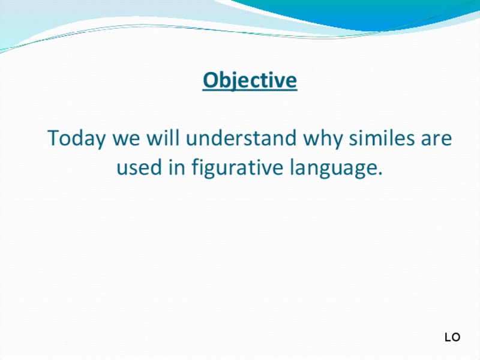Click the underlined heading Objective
tap(250, 80)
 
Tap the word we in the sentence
tap(127, 139)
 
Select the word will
tap(163, 139)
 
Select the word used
tap(137, 168)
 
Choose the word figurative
tap(236, 168)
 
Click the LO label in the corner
tap(452, 338)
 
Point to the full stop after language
tap(380, 175)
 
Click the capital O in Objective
tap(210, 80)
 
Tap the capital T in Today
tap(53, 139)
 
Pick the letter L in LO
tap(448, 338)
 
